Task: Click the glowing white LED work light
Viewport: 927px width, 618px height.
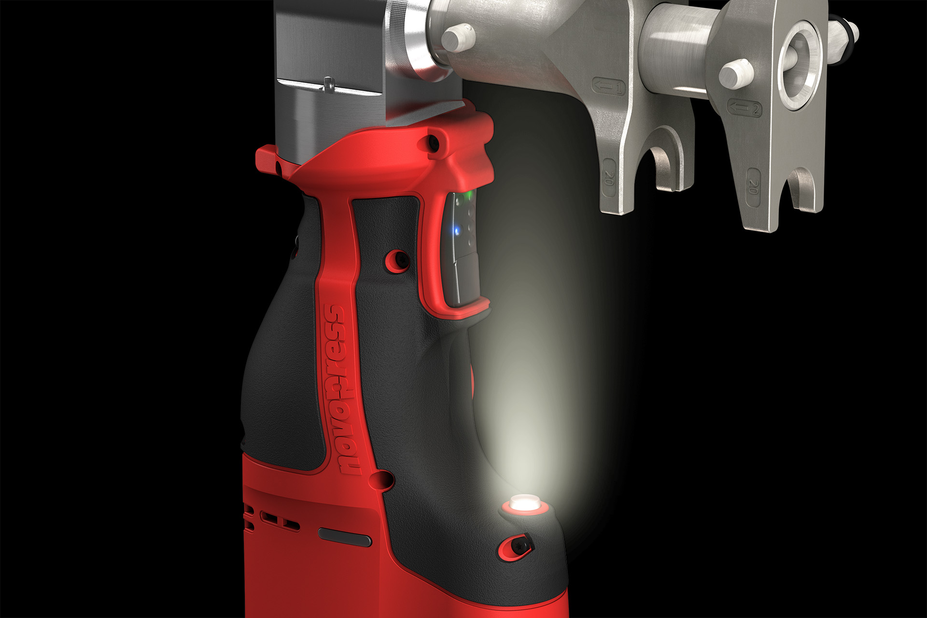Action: click(x=525, y=503)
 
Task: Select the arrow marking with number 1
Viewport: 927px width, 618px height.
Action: click(x=608, y=87)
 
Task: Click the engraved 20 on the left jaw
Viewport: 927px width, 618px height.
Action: click(x=609, y=178)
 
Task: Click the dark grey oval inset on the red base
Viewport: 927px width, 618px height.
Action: click(x=345, y=537)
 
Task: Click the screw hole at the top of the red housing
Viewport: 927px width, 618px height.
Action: click(x=433, y=142)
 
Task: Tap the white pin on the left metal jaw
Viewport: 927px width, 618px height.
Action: click(x=458, y=37)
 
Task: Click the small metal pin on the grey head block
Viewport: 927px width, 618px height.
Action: click(x=328, y=83)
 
